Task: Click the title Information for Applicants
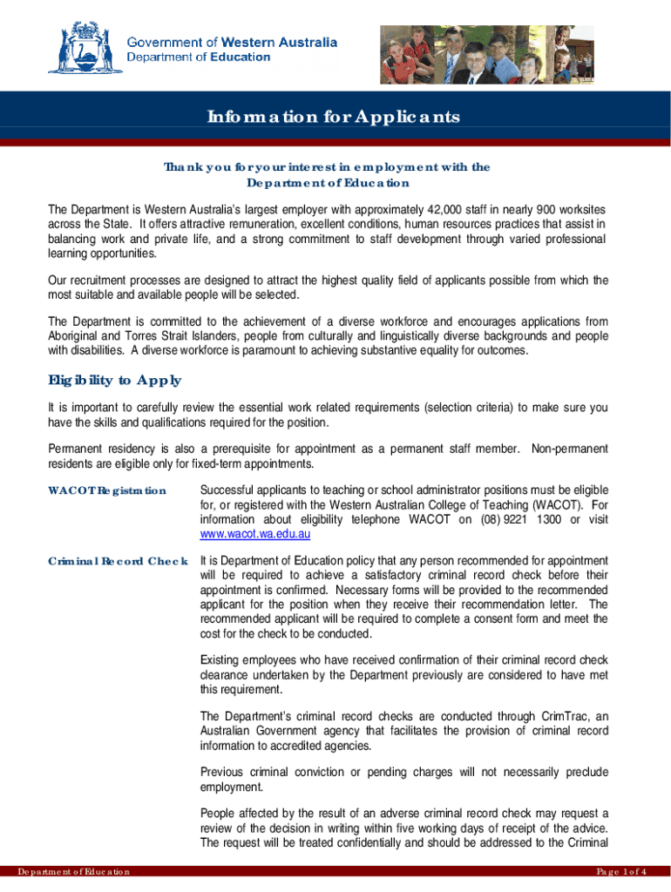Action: [x=332, y=118]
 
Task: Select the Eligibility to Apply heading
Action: [x=113, y=380]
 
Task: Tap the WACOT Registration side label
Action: [x=106, y=490]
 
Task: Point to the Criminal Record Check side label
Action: [x=117, y=560]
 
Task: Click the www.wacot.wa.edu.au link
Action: [x=255, y=533]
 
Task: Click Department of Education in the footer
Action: [x=67, y=872]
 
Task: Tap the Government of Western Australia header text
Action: [x=232, y=42]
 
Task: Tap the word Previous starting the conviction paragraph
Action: [x=224, y=772]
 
